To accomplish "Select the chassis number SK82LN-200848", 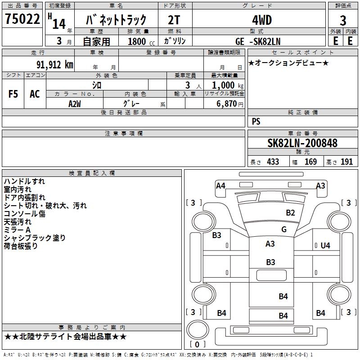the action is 302,143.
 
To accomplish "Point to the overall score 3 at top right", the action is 343,21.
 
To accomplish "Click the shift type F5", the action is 13,94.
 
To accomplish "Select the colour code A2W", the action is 75,103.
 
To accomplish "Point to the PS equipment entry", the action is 256,121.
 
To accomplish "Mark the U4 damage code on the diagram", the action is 325,245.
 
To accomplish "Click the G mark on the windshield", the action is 283,229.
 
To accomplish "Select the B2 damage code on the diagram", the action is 290,212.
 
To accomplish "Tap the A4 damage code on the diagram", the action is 220,185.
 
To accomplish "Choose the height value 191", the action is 346,162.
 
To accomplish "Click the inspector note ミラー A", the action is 17,229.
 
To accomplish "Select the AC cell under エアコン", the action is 35,94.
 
